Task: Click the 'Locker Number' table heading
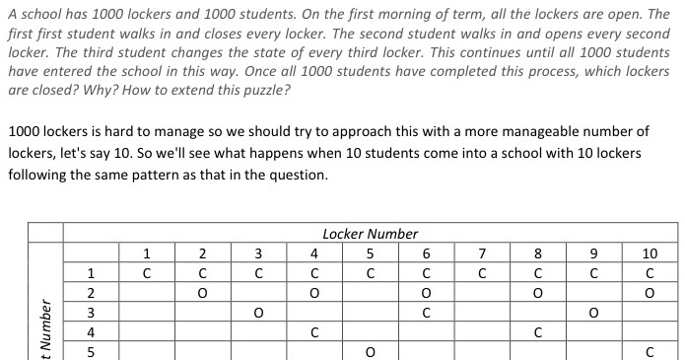[370, 234]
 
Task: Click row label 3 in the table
[90, 312]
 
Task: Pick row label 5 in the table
[90, 350]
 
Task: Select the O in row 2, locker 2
[201, 293]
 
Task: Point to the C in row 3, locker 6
[426, 313]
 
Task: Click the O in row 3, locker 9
[593, 313]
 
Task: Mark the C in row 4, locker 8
[538, 331]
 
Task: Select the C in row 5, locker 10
[650, 351]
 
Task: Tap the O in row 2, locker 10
[650, 293]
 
